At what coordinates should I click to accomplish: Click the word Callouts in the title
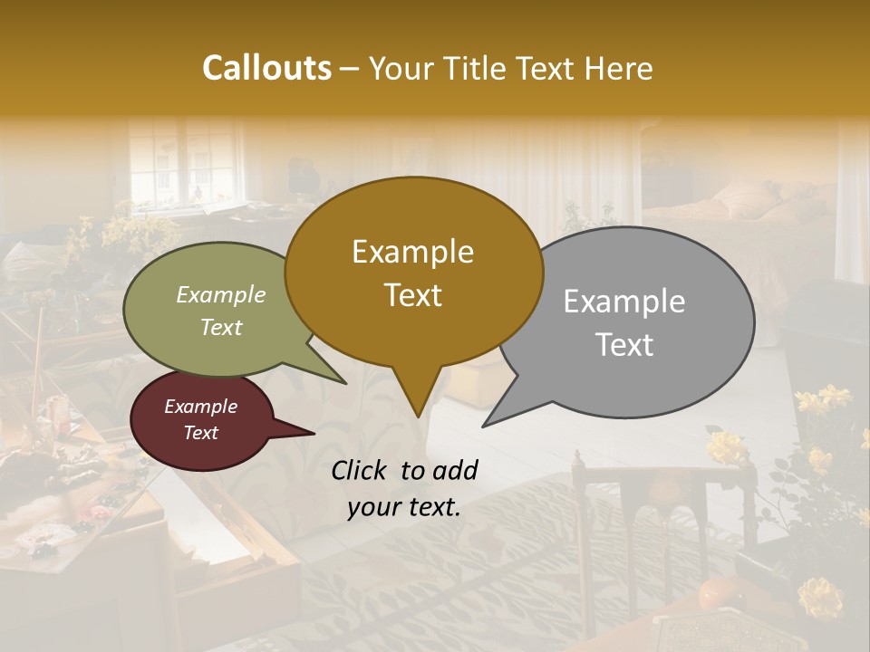point(266,68)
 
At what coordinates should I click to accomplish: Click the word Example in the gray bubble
point(623,302)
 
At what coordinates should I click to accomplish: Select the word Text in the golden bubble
point(413,295)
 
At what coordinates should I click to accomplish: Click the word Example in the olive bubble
point(221,294)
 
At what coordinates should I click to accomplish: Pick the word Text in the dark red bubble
point(200,433)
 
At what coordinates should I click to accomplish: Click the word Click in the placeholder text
point(361,470)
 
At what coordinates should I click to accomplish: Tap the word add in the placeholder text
point(455,470)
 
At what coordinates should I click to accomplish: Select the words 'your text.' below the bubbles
point(404,507)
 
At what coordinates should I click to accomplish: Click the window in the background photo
point(186,163)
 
